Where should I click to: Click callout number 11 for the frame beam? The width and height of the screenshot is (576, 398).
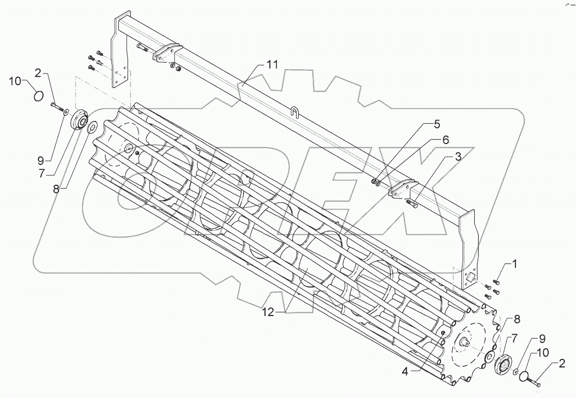coord(272,65)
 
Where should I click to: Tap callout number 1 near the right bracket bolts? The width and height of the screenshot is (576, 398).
coord(514,263)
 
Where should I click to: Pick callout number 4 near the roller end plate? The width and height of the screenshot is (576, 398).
coord(437,125)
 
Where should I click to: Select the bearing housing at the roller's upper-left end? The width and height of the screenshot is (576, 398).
coord(92,126)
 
